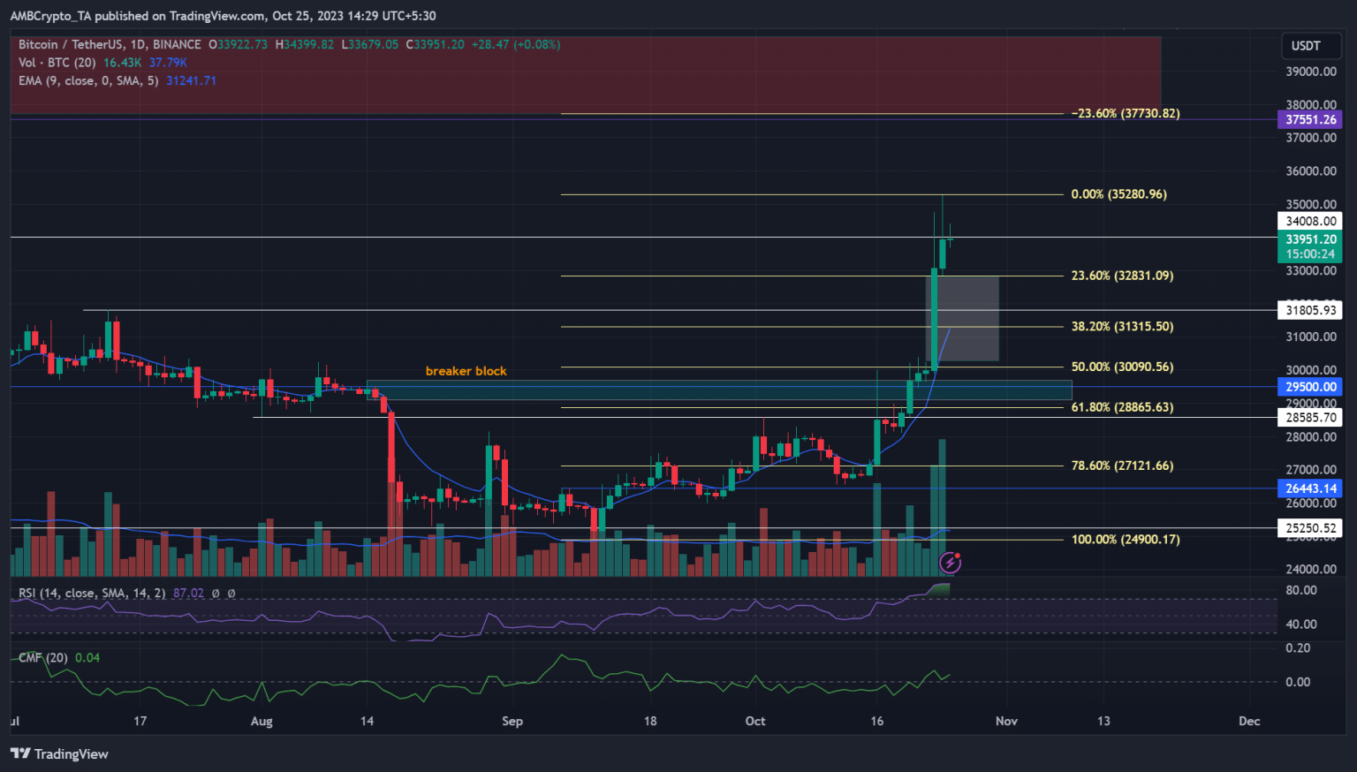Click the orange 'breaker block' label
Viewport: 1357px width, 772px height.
pyautogui.click(x=466, y=371)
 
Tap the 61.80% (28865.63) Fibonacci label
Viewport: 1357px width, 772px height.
pyautogui.click(x=1122, y=407)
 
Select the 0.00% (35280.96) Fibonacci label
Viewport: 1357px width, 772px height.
pyautogui.click(x=1118, y=194)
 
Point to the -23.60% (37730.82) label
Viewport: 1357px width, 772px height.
pyautogui.click(x=1125, y=114)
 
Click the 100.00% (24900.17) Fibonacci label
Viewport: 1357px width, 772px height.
pyautogui.click(x=1125, y=540)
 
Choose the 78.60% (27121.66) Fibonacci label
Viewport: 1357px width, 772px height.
pyautogui.click(x=1122, y=465)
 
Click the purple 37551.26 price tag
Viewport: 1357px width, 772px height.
pyautogui.click(x=1310, y=120)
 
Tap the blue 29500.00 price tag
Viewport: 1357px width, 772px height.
pyautogui.click(x=1310, y=387)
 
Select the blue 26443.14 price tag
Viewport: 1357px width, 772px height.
pyautogui.click(x=1310, y=488)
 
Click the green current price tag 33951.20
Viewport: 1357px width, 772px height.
pyautogui.click(x=1310, y=239)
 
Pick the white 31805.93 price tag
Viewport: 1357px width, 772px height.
pyautogui.click(x=1310, y=310)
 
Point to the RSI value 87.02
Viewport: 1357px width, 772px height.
pyautogui.click(x=188, y=594)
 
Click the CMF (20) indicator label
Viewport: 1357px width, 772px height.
pyautogui.click(x=43, y=658)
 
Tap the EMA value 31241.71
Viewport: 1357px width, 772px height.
pyautogui.click(x=191, y=80)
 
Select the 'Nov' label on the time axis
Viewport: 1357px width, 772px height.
pyautogui.click(x=1006, y=722)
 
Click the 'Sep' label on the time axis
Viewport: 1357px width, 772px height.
pyautogui.click(x=512, y=722)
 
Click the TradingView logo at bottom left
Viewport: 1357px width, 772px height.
pyautogui.click(x=59, y=753)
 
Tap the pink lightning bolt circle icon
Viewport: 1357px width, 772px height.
pyautogui.click(x=950, y=562)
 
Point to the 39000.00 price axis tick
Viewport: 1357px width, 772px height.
pyautogui.click(x=1310, y=72)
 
